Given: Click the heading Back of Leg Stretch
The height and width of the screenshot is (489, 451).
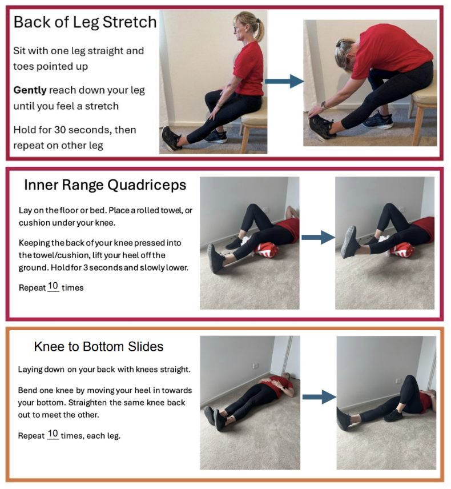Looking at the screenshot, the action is [85, 22].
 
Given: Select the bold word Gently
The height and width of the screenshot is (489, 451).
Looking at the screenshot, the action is [30, 90].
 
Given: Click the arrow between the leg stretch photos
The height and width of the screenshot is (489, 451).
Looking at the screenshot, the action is [284, 81].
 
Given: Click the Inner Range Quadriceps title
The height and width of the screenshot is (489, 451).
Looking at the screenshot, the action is [105, 185].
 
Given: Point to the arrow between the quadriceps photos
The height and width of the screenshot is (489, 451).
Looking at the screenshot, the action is [318, 238].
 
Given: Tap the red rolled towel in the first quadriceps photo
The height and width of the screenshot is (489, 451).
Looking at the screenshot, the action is [267, 250].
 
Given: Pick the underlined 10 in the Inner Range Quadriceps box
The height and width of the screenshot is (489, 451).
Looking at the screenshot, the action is [53, 286].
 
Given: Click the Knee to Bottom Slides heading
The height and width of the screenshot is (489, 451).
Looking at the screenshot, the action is [99, 347].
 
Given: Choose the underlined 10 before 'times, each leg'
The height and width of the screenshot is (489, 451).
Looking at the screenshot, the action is [53, 434].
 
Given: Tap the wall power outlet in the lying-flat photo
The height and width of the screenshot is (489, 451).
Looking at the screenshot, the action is [256, 366].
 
